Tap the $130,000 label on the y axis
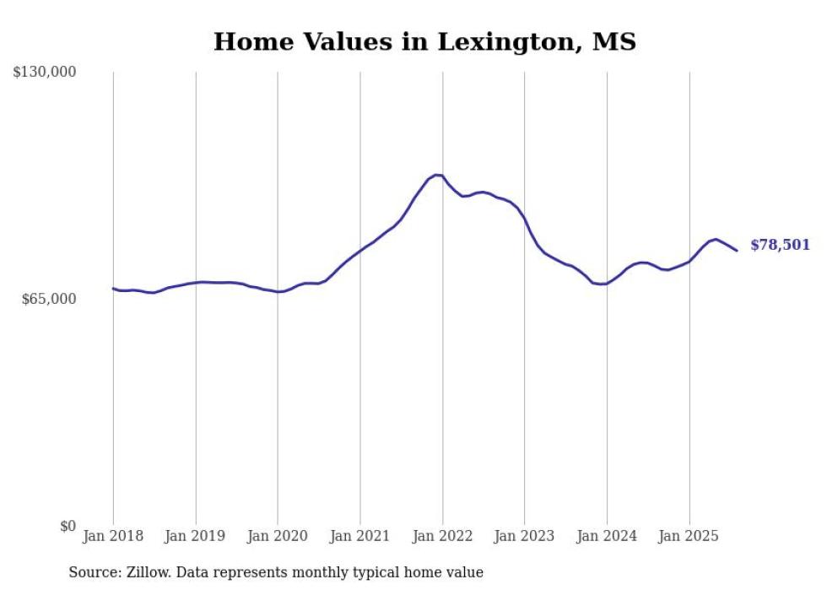coord(45,73)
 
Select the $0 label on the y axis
coord(68,526)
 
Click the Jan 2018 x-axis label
coord(113,536)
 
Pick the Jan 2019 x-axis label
coord(196,536)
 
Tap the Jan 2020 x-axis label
coord(278,536)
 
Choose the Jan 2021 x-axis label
coord(360,536)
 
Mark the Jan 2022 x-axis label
coord(442,536)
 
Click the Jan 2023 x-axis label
coord(524,536)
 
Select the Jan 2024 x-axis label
coord(607,536)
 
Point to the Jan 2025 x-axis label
coord(689,536)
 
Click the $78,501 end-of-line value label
coord(780,246)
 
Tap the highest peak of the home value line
coord(436,175)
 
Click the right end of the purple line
coord(737,250)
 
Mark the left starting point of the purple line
coord(113,289)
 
